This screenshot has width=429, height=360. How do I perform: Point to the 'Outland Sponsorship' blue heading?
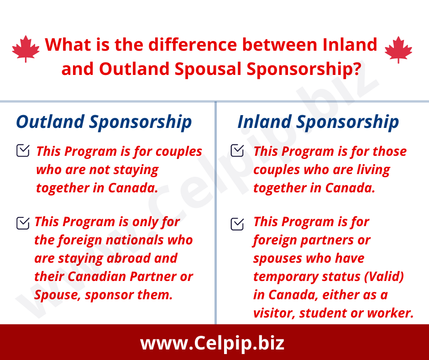pos(104,122)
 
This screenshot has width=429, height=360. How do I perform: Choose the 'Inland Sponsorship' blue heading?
pos(318,122)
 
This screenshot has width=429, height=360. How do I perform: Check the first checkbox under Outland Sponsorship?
pos(23,150)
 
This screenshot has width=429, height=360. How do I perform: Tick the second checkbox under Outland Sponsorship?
pos(23,223)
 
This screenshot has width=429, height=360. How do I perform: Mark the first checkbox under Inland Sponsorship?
pos(237,150)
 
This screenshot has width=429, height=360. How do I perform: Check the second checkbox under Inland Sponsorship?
pos(237,224)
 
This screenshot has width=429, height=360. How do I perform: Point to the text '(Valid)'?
pos(384,277)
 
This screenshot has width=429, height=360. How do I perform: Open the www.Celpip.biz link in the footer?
pos(212,343)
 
